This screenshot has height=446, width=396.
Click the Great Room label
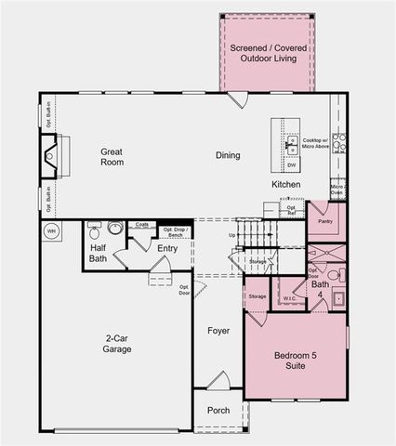tap(112, 156)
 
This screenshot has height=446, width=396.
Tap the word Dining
tap(228, 155)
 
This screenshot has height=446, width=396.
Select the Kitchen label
tap(285, 185)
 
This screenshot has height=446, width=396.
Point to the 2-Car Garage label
tap(117, 344)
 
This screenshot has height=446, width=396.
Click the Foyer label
tap(218, 330)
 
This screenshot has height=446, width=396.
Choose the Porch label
tap(218, 411)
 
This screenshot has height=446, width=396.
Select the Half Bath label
tap(99, 253)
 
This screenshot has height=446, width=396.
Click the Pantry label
tap(324, 222)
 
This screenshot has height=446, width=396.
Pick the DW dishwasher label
tap(291, 164)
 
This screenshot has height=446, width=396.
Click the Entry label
tap(167, 248)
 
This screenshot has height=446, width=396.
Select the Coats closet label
tap(141, 225)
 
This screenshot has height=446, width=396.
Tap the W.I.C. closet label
tap(289, 298)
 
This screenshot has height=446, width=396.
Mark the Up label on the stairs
tap(231, 235)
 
